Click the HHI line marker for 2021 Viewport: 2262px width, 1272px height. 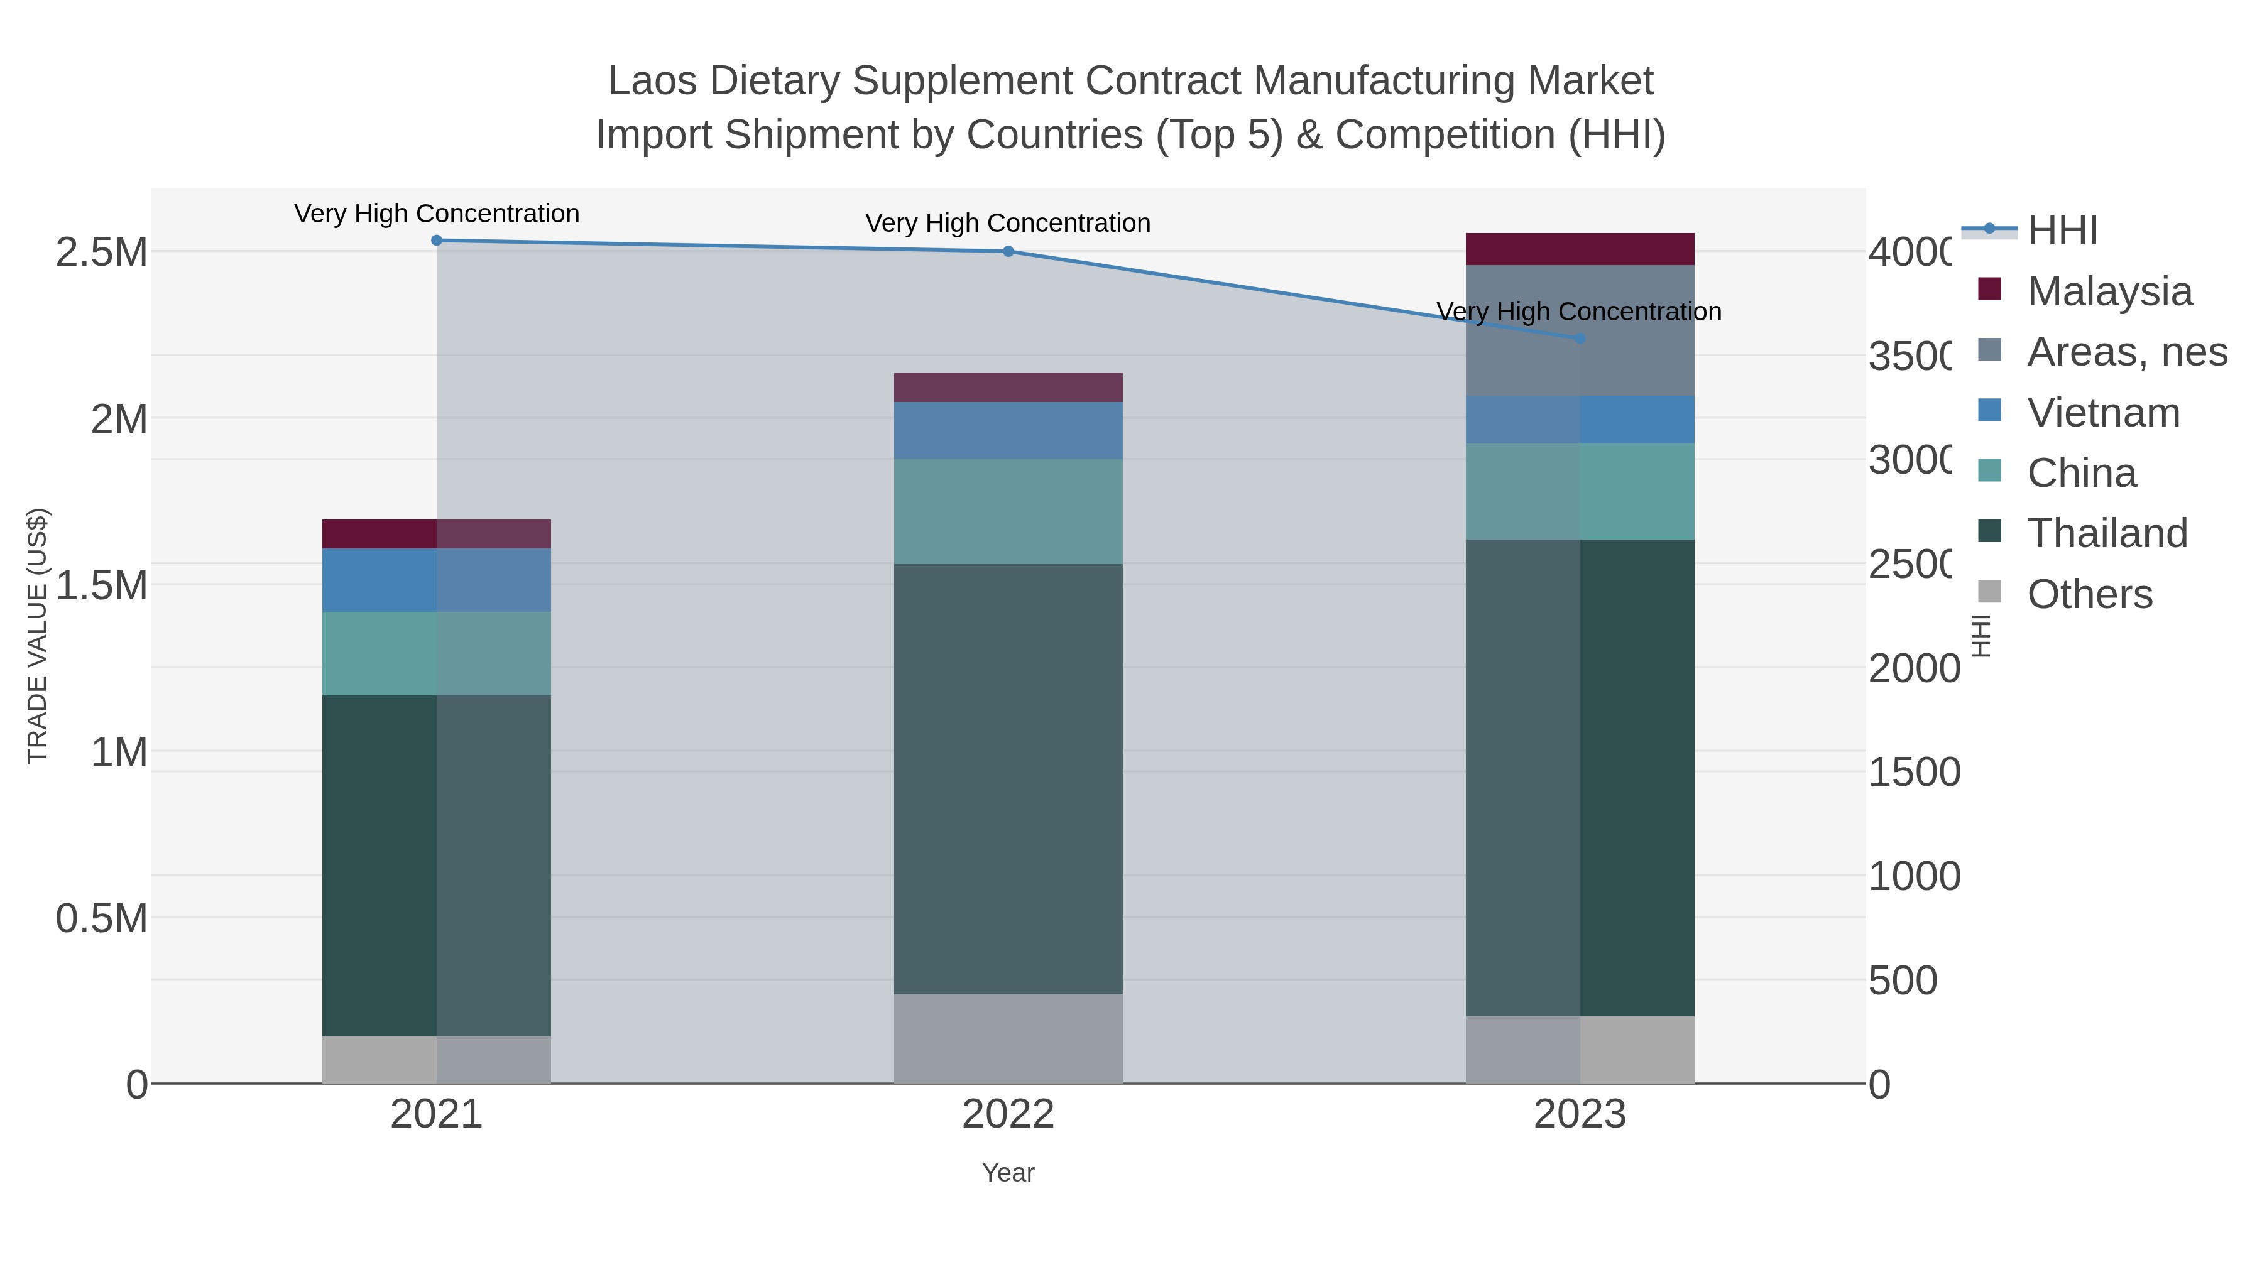coord(437,241)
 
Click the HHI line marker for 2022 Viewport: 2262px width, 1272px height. coord(1008,252)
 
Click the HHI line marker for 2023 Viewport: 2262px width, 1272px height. coord(1580,338)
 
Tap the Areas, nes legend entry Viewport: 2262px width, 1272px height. coord(2126,352)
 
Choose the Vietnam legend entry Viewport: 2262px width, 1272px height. coord(2103,413)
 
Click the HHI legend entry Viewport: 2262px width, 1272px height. coord(2062,231)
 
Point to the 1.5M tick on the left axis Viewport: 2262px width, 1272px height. coord(101,585)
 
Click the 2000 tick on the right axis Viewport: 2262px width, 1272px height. coord(1913,669)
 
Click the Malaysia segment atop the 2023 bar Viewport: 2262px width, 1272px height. coord(1580,249)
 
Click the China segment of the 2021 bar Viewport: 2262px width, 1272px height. coord(437,653)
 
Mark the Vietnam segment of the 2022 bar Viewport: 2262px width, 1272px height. coord(1008,430)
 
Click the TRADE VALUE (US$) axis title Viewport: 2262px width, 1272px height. coord(38,636)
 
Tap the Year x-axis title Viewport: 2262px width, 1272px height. coord(1008,1173)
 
